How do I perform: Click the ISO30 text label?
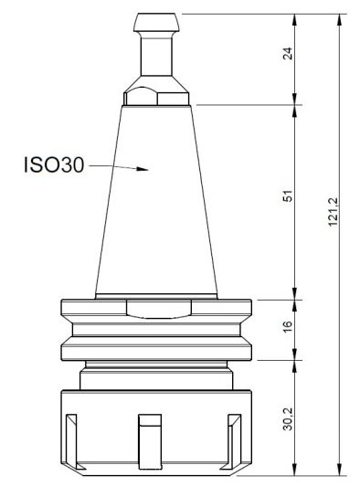(x=53, y=166)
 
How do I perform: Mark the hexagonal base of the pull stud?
(x=157, y=96)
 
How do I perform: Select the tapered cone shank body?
(x=158, y=210)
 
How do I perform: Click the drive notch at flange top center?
(x=157, y=309)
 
